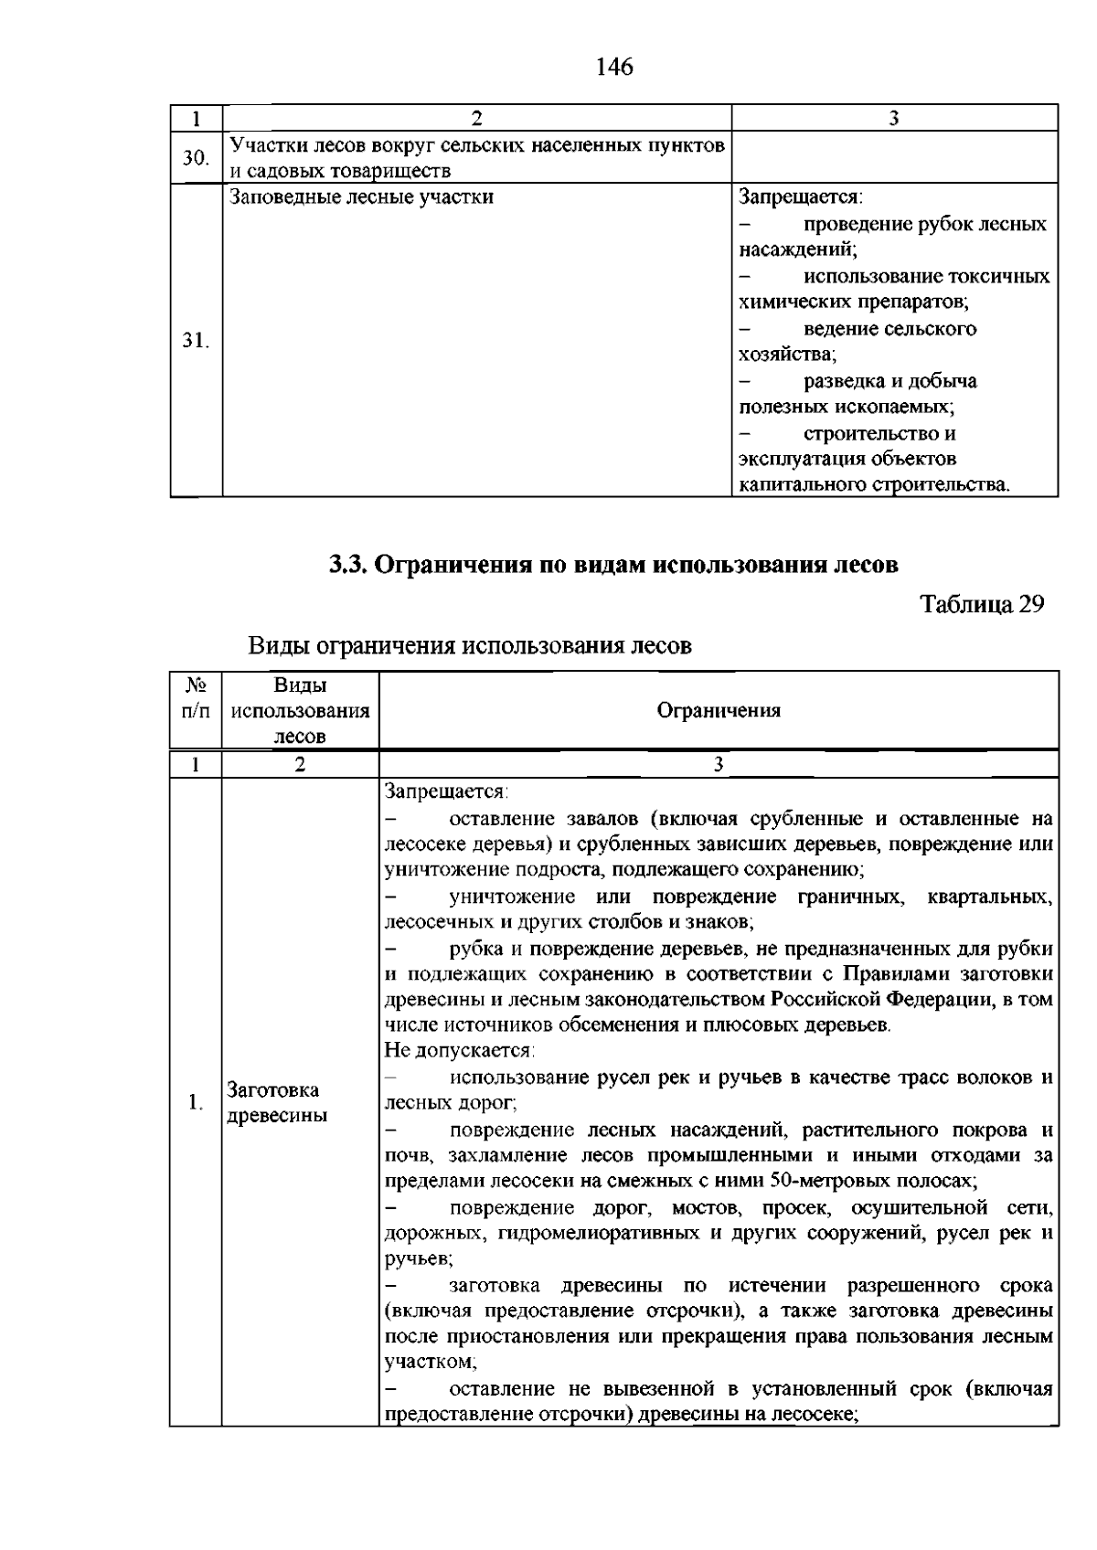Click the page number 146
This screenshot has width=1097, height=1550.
pyautogui.click(x=613, y=67)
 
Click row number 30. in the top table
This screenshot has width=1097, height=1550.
pyautogui.click(x=195, y=158)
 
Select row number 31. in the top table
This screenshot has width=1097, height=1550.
pyautogui.click(x=195, y=341)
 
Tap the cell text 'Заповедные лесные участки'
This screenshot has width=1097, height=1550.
pyautogui.click(x=361, y=196)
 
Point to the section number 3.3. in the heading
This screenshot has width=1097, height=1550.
pyautogui.click(x=348, y=564)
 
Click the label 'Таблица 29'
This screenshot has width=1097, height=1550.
pyautogui.click(x=982, y=605)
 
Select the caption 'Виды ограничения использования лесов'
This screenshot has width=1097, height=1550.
pyautogui.click(x=470, y=645)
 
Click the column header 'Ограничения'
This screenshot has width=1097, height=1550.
pyautogui.click(x=719, y=711)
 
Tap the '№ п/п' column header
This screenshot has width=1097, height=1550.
pyautogui.click(x=196, y=697)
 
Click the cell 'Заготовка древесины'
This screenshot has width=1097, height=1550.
pyautogui.click(x=277, y=1102)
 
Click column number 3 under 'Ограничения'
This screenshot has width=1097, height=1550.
pyautogui.click(x=719, y=765)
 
